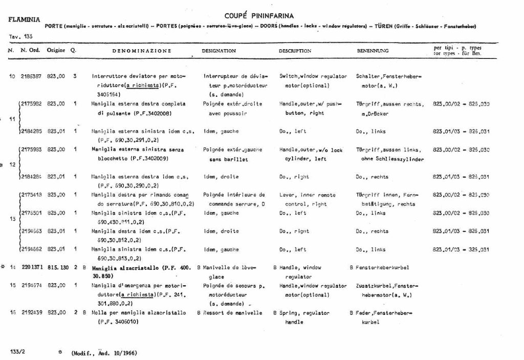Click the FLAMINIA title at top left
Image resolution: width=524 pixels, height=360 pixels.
(x=24, y=20)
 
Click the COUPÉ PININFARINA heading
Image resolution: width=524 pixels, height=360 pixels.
(x=259, y=16)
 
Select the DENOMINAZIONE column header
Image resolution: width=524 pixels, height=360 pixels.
(x=142, y=51)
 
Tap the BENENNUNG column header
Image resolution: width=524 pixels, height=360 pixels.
(x=373, y=51)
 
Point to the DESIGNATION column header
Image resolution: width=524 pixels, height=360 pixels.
(x=219, y=51)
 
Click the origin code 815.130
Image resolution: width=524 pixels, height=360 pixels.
(x=57, y=267)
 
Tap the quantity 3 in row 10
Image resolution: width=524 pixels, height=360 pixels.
(x=75, y=76)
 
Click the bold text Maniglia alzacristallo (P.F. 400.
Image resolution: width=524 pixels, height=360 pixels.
(x=141, y=267)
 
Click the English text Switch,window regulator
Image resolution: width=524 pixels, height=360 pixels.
(x=313, y=76)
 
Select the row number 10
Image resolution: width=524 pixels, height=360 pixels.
(x=12, y=76)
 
